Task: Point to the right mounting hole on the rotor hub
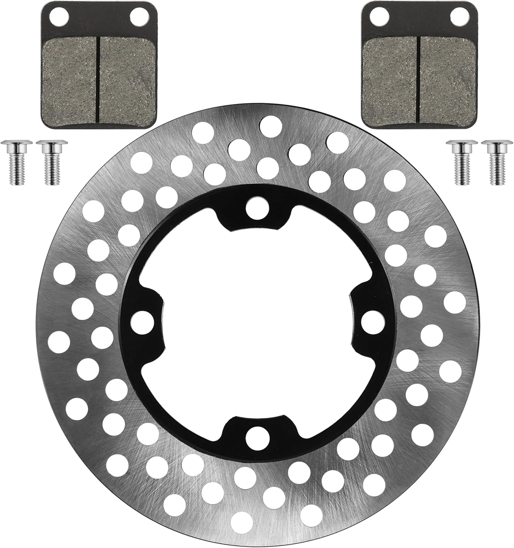[372, 321]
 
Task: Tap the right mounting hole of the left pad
[139, 15]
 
